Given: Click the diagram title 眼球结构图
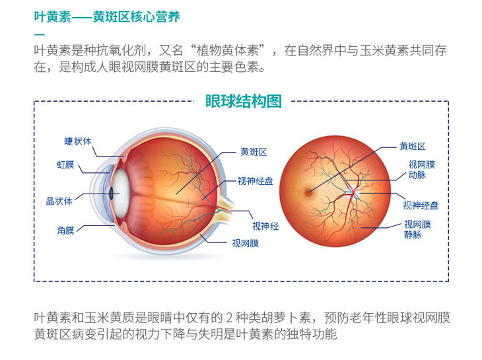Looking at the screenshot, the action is point(244,101).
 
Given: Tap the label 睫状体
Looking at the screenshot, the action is point(78,141).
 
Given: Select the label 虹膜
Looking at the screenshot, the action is point(65,164).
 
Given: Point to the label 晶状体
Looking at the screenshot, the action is point(59,201).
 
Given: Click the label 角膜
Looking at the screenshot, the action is point(65,231).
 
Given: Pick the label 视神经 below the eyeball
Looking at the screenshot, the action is point(265,227).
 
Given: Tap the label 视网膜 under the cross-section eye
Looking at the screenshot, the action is point(246,244).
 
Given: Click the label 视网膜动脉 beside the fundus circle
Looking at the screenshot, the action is point(421,170).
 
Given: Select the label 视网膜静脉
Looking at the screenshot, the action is point(417,229).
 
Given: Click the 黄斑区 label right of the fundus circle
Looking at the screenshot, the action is point(412,147).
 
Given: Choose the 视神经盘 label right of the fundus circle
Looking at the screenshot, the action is point(421,205).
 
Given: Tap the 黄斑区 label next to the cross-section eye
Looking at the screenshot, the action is point(254,152).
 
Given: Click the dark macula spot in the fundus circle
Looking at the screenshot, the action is point(308,192).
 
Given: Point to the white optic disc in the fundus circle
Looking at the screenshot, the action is point(356,193).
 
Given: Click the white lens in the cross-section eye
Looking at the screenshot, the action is point(121,194).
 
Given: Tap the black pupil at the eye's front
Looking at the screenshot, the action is point(112,194).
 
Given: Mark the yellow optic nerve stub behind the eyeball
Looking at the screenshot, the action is point(225,207).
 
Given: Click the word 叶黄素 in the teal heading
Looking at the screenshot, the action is point(52,17).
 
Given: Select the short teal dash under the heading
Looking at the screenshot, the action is point(40,35).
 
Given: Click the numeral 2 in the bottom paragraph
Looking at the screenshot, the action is point(229,318).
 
